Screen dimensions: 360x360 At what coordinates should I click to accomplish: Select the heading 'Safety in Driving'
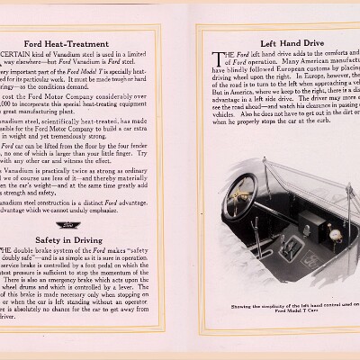coord(93,240)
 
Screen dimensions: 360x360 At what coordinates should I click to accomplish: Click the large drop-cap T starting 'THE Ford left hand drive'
coord(216,58)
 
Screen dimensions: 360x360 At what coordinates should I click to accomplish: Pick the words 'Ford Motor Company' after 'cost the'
coord(81,94)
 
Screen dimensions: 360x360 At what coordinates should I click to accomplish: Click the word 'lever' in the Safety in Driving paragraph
coord(158,290)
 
